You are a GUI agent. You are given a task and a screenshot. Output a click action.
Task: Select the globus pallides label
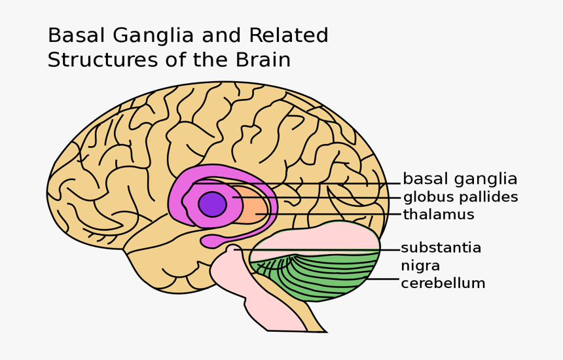click(460, 197)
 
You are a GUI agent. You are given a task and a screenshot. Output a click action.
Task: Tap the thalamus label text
click(439, 215)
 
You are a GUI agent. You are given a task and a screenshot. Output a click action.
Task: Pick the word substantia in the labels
click(441, 248)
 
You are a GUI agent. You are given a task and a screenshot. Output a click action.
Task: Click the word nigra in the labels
click(420, 266)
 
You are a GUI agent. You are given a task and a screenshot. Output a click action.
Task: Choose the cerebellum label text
click(443, 283)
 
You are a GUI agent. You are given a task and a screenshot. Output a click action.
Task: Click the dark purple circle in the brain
click(212, 204)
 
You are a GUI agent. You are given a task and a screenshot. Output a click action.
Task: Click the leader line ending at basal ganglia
click(295, 183)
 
